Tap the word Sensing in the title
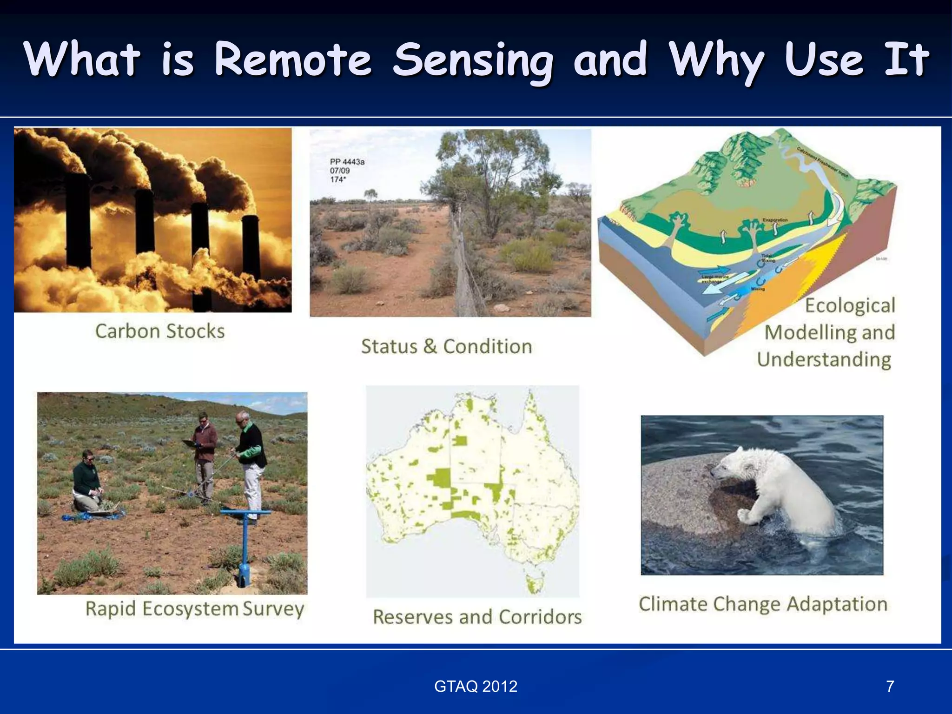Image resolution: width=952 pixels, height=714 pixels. (473, 60)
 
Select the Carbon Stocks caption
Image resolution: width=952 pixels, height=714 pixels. (160, 331)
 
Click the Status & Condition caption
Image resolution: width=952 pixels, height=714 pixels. (446, 347)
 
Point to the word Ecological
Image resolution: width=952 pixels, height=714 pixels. (850, 306)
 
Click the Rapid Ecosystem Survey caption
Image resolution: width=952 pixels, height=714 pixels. (195, 609)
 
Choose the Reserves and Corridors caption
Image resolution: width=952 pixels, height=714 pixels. (477, 617)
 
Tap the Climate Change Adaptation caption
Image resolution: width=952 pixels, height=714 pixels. (763, 604)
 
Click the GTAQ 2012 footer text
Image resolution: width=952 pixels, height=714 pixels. (476, 687)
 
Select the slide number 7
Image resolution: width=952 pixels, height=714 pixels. (890, 687)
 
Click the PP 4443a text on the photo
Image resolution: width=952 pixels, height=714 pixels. (347, 162)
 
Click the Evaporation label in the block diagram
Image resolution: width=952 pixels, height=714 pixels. (775, 220)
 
